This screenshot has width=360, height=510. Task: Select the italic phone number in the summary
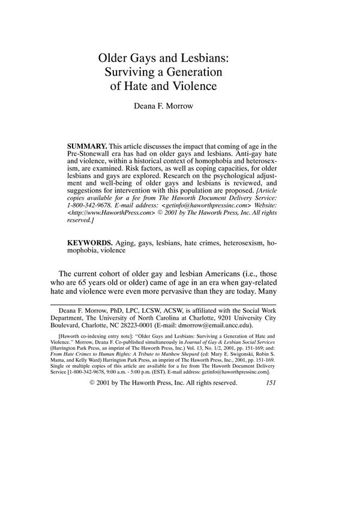click(x=94, y=204)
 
